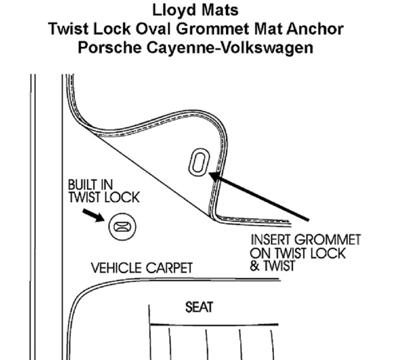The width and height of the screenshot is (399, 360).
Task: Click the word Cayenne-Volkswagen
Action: point(230,48)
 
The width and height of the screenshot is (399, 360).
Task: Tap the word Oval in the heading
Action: point(153,29)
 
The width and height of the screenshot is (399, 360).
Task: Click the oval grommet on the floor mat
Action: point(199,162)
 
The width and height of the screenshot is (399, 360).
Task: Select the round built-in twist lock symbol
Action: point(122,227)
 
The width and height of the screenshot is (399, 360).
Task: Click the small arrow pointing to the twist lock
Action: point(94,215)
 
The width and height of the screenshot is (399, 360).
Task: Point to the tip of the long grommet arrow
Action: point(209,173)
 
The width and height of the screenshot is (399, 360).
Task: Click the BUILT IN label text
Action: point(90,185)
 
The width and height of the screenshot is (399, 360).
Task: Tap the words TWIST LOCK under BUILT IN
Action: point(104,197)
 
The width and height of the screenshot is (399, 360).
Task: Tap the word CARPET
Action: point(169,268)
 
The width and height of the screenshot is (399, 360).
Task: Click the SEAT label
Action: point(199,307)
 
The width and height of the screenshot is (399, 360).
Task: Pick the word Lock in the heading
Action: point(112,29)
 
